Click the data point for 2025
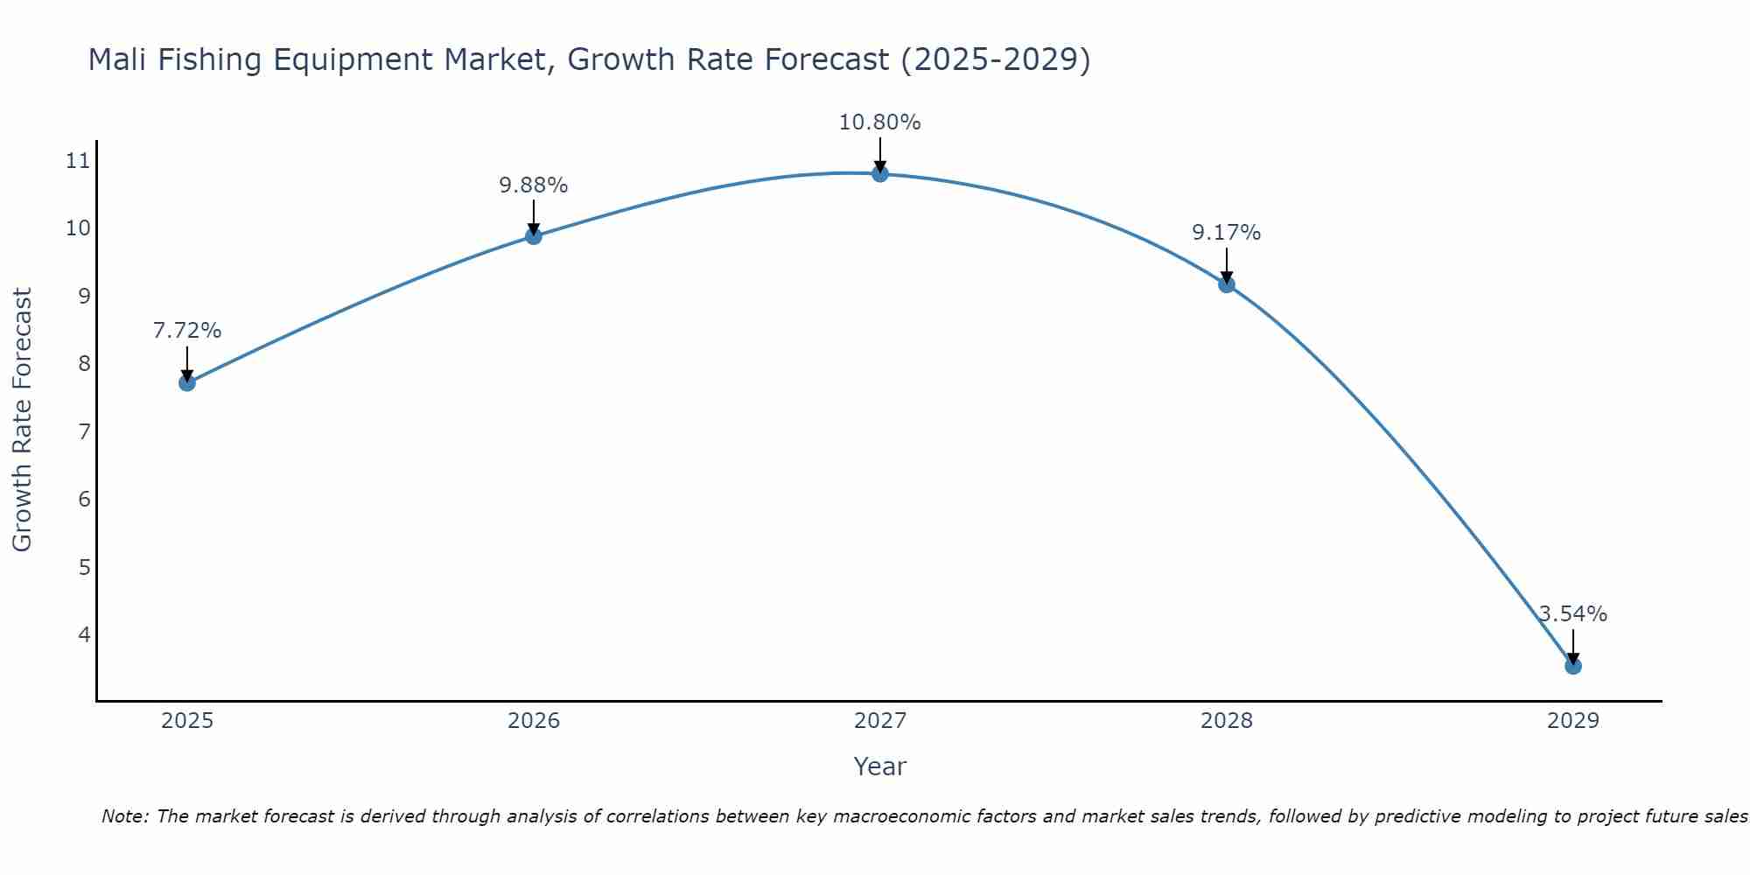[186, 382]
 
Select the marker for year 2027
[879, 173]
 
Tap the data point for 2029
[1572, 666]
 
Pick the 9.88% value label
[533, 185]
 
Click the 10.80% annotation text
[879, 122]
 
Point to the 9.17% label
[1226, 233]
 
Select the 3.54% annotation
[1572, 614]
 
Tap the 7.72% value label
[186, 331]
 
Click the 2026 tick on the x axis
[533, 721]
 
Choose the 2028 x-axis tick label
[1226, 721]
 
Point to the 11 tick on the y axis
[78, 160]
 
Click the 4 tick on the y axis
[84, 634]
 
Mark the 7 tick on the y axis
[84, 431]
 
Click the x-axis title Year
[879, 766]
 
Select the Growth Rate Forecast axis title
[22, 420]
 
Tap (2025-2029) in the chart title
[995, 59]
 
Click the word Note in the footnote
[125, 816]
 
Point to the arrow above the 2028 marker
[1226, 264]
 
